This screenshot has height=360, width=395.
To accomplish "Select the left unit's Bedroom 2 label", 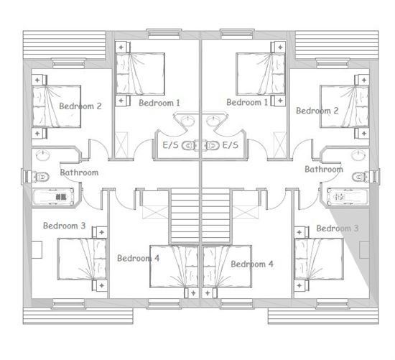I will (80, 106).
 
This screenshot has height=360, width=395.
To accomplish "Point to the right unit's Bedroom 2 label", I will (317, 111).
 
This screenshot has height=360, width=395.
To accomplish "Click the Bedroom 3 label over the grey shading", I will (338, 229).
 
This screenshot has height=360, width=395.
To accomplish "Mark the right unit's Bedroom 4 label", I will (252, 264).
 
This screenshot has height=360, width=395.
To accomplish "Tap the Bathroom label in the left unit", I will (79, 172).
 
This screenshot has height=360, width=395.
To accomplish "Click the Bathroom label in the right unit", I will (324, 170).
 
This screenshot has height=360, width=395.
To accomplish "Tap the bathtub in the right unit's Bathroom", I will (347, 195).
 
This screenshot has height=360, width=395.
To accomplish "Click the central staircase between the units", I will (200, 215).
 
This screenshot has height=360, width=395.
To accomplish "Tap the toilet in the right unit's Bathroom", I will (358, 176).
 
